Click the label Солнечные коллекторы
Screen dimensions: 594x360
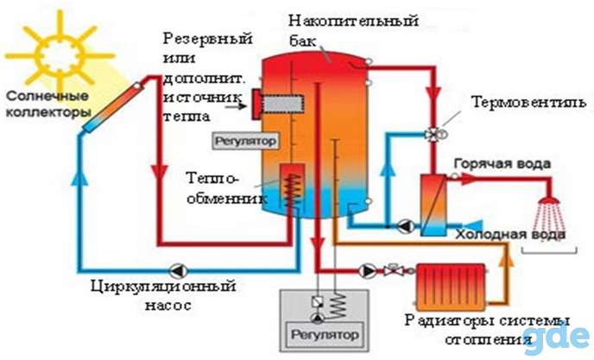48,104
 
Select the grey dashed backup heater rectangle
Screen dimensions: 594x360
282,104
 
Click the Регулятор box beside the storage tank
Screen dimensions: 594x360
245,141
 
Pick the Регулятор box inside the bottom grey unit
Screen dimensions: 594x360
325,335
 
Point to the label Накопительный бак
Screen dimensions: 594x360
353,30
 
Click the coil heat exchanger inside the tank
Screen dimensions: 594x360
292,189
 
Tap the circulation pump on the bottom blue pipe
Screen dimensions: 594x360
178,270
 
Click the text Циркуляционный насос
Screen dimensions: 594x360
164,295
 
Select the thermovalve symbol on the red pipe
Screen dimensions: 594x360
434,134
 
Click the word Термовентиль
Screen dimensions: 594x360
528,103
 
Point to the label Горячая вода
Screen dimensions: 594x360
502,164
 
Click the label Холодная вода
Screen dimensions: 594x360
510,235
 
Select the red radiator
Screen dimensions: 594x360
451,283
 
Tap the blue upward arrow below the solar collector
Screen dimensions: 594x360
79,177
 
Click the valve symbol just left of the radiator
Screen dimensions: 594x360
391,270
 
